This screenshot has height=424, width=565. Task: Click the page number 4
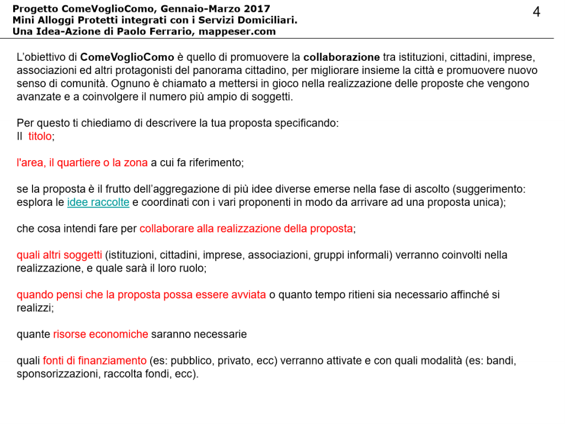click(x=536, y=12)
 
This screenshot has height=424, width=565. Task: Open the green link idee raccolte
click(x=98, y=203)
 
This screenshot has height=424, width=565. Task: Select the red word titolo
click(x=40, y=136)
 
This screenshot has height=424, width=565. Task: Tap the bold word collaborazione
click(x=342, y=57)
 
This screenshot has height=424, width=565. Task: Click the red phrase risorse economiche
click(x=100, y=334)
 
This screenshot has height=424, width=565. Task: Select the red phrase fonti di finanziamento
click(x=95, y=361)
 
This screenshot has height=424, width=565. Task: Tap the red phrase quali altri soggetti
click(x=60, y=255)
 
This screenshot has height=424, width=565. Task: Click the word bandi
click(x=501, y=361)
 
